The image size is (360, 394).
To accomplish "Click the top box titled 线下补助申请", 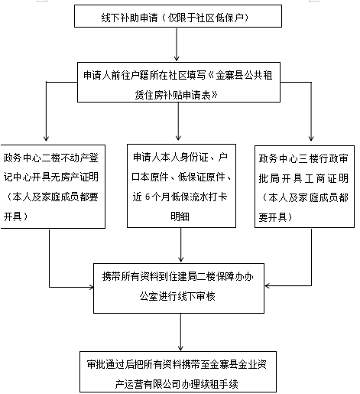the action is point(178,16).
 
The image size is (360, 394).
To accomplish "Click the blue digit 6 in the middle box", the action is point(148,197).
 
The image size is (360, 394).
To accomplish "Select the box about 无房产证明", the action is point(53,187).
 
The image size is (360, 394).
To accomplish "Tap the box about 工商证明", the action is point(304,187).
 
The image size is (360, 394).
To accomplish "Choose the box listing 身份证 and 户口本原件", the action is point(181,186).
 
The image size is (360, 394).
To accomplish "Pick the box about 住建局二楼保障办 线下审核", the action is point(179,288).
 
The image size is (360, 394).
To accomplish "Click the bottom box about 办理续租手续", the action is point(178,372).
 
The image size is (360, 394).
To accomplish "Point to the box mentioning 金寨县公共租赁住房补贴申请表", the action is point(179,82).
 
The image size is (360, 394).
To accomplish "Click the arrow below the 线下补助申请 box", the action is point(177,44).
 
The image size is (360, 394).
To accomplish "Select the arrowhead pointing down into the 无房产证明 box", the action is point(46,138).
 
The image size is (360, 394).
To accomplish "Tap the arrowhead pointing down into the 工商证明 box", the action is point(311,138).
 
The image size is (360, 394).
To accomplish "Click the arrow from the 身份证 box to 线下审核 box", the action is point(181,245).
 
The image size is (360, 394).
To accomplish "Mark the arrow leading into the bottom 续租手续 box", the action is point(180,332).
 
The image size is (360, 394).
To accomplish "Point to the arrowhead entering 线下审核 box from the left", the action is point(91,288).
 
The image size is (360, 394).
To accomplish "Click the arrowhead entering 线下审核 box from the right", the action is point(268,285).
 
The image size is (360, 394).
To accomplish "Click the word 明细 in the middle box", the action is point(180,217).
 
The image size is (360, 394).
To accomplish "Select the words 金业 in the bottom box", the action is point(247,364).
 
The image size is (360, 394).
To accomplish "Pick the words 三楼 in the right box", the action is point(308,158).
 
